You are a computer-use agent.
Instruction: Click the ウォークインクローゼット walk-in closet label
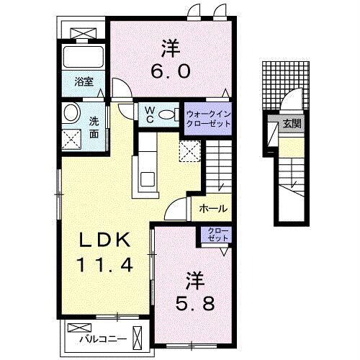[209, 118]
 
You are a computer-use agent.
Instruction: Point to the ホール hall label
[213, 209]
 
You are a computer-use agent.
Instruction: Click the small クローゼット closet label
[215, 234]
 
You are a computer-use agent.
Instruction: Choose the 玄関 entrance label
[292, 123]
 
